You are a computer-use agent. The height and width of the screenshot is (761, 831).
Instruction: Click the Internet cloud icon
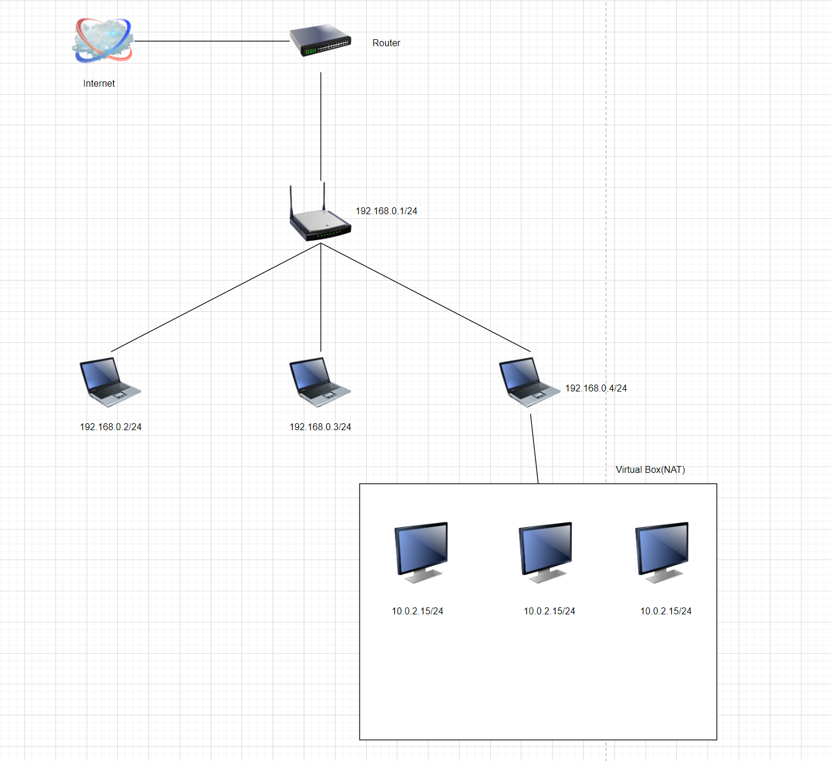tap(103, 40)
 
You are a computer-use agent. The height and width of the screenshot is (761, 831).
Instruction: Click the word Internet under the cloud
tap(99, 83)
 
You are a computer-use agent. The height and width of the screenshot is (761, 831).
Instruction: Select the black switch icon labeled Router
tap(320, 41)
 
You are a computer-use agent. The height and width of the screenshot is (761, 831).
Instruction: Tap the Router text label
tap(386, 43)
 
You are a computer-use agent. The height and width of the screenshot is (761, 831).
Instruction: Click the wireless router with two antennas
tap(320, 216)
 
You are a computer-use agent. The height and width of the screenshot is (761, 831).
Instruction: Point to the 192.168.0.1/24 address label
tap(386, 211)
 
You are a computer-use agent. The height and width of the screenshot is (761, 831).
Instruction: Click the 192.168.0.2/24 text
tap(110, 427)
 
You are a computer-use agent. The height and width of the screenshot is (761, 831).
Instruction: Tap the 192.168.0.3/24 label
tap(320, 427)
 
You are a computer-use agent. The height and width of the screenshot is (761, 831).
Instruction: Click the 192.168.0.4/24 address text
tap(595, 388)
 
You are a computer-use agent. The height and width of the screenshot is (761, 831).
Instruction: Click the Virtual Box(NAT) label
tap(650, 469)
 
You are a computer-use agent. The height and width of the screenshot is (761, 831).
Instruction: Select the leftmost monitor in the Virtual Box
tap(422, 552)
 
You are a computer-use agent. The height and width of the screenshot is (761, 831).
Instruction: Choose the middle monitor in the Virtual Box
tap(546, 552)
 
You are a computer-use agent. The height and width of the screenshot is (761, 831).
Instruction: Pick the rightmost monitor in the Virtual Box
tap(662, 552)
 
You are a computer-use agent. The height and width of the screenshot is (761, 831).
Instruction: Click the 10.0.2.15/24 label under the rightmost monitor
tap(665, 611)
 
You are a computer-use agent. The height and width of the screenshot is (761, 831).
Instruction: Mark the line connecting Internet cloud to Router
tap(211, 41)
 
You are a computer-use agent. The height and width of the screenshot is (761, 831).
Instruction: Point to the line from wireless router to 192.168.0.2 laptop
tap(216, 297)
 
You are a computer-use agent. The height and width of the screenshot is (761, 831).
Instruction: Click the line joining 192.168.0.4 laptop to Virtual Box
tap(534, 449)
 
